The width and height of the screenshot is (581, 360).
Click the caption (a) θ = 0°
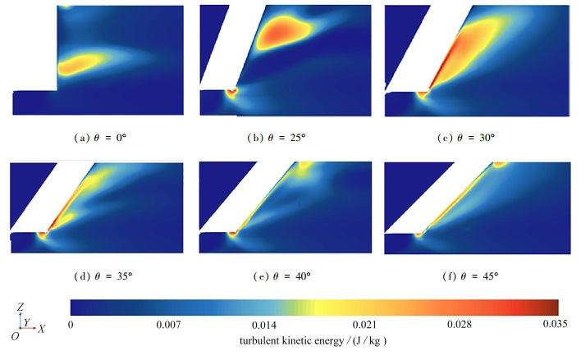click(x=99, y=137)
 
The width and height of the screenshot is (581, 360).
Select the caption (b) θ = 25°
click(x=290, y=137)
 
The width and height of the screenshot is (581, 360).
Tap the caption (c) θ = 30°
click(x=478, y=137)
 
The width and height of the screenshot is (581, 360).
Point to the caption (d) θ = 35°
click(x=99, y=276)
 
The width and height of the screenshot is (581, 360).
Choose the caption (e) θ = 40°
click(x=290, y=276)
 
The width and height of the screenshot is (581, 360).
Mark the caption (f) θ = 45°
click(x=478, y=276)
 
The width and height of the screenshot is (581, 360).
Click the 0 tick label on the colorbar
click(x=72, y=325)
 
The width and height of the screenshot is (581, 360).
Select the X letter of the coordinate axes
click(x=42, y=328)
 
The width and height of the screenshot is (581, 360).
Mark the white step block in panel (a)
click(x=33, y=45)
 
